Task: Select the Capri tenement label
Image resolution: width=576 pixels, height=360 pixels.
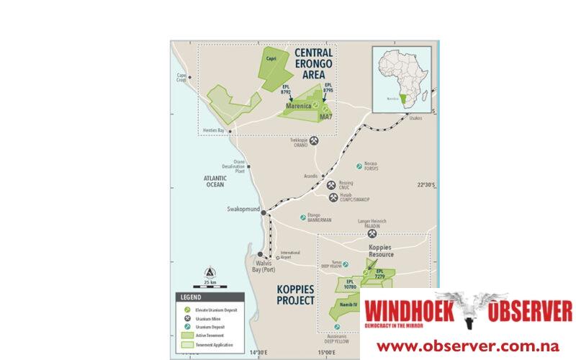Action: [x=271, y=59]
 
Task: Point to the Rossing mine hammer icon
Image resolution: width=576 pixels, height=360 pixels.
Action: [x=332, y=184]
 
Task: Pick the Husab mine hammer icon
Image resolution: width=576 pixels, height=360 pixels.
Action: [x=333, y=197]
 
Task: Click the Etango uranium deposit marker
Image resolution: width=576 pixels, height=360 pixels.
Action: [x=303, y=217]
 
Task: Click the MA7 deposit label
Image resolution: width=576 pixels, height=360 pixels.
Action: [x=325, y=118]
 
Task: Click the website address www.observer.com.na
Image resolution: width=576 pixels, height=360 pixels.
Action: [x=468, y=346]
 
